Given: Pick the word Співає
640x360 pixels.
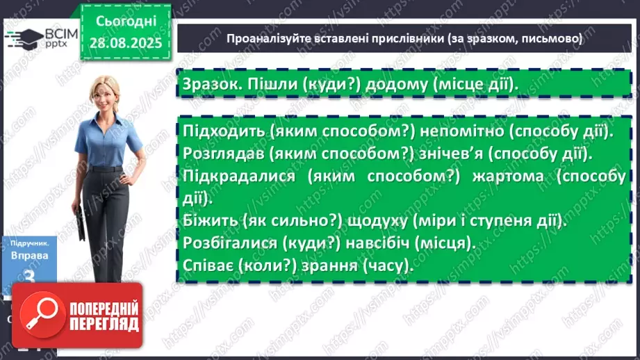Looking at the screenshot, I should pyautogui.click(x=206, y=266).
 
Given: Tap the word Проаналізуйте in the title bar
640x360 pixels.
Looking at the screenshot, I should pyautogui.click(x=268, y=40).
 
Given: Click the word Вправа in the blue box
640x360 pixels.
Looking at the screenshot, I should pyautogui.click(x=28, y=255).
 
